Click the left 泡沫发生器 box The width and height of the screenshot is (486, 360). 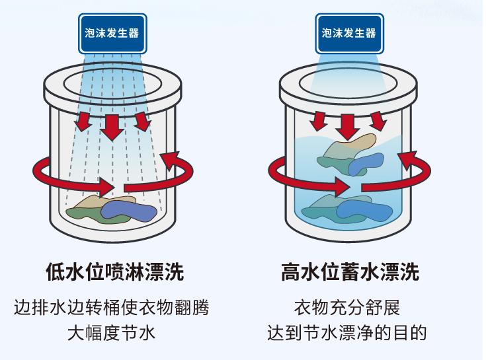pos(112,33)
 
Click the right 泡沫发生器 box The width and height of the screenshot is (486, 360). pos(348,33)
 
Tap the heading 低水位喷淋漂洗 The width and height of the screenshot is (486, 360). pos(114,271)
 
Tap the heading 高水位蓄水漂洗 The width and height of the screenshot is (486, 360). pos(350,271)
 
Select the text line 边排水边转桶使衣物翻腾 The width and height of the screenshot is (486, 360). pos(114,308)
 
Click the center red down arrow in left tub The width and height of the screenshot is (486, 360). pos(112,125)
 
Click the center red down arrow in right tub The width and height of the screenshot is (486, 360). pos(348,124)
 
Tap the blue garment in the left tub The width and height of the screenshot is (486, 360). pos(130,210)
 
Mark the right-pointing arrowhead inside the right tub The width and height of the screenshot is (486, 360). pos(346,186)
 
